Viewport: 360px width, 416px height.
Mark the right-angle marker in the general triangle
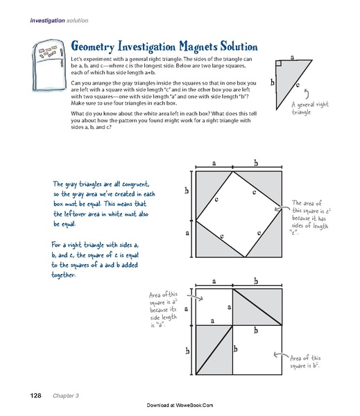(x=277, y=64)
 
